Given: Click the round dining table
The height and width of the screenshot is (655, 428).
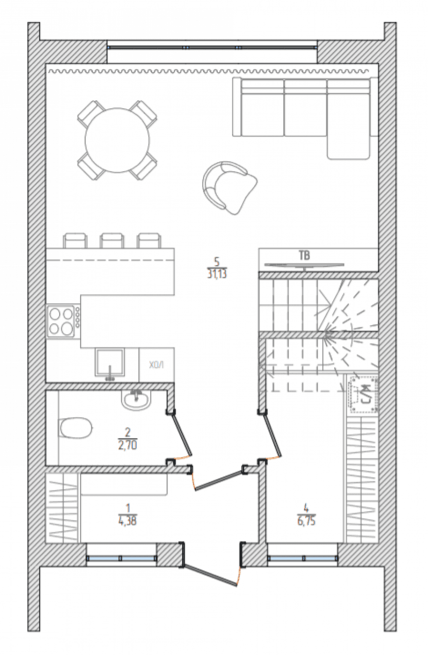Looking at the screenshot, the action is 117,140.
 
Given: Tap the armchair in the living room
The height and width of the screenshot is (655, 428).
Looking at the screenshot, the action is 230,188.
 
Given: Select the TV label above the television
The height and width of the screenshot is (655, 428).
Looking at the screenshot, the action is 304,256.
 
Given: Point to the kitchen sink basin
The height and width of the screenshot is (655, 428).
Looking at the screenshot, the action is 110,362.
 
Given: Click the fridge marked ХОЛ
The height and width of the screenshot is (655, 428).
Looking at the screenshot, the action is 157,365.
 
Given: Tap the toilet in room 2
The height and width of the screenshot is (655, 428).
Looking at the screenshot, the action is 75,428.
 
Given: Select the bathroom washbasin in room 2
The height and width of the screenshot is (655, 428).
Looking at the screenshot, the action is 136,401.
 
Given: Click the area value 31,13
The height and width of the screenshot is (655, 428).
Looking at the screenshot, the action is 217,275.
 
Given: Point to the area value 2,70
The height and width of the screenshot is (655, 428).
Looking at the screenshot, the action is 128,445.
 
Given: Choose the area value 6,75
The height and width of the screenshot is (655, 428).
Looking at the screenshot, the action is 306,521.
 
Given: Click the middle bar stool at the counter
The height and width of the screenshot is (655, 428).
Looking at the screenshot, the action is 112,240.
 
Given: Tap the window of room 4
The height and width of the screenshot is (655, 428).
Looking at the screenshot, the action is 303,558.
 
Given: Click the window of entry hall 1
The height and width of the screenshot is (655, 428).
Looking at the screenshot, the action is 122,558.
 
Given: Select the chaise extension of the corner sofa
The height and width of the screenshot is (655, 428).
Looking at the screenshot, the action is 348,148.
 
